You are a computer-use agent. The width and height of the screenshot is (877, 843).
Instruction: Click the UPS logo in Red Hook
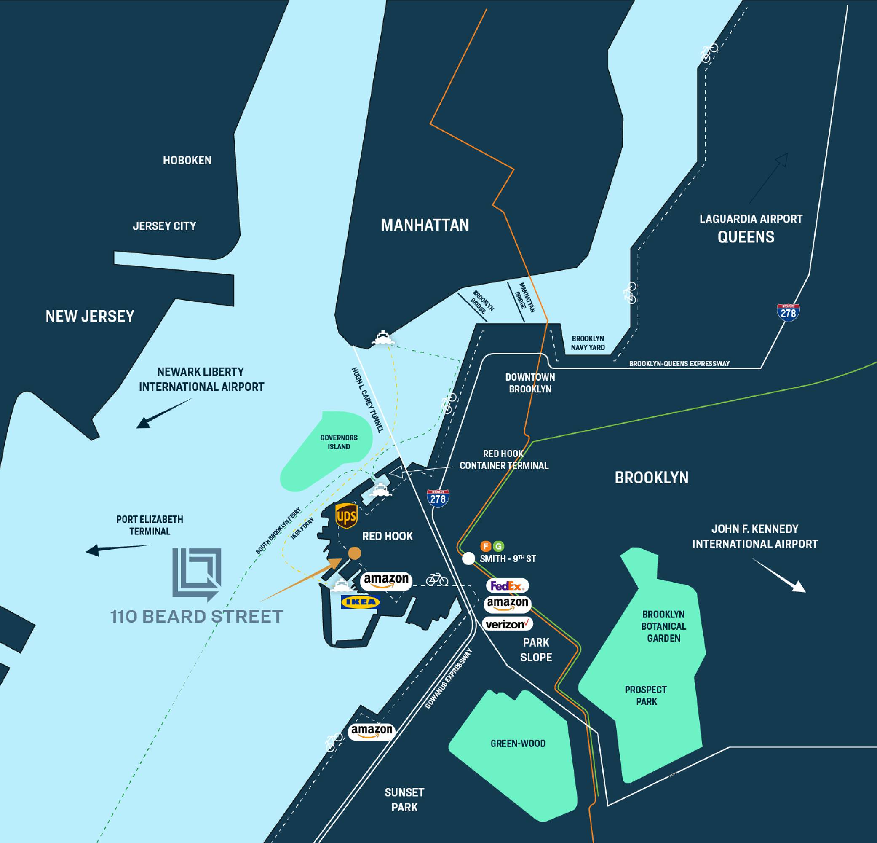(x=346, y=516)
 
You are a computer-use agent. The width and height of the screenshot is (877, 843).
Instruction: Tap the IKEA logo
(x=360, y=602)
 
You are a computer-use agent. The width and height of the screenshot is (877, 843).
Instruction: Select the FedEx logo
(x=507, y=585)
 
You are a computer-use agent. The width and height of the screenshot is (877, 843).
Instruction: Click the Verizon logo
(x=508, y=624)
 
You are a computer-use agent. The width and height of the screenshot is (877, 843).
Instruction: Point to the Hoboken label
(x=187, y=160)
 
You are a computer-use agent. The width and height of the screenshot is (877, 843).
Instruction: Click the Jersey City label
(x=164, y=226)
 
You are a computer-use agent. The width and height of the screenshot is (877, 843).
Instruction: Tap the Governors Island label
(x=339, y=442)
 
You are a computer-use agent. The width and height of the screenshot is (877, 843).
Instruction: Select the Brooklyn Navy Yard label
(x=588, y=343)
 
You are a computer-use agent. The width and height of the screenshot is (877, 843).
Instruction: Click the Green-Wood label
(x=518, y=743)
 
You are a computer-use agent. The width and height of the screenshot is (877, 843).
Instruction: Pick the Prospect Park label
(x=646, y=695)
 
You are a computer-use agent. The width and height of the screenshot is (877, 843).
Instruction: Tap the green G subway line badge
(x=498, y=546)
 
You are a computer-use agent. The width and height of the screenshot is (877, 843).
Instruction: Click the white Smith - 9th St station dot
(x=468, y=558)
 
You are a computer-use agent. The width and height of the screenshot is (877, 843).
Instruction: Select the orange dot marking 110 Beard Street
(x=354, y=553)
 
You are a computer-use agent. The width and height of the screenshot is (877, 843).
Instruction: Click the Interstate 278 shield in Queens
(x=788, y=312)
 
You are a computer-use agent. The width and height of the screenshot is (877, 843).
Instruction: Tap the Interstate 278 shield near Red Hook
(x=438, y=498)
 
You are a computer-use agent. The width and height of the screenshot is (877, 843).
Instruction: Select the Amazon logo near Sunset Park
(x=372, y=732)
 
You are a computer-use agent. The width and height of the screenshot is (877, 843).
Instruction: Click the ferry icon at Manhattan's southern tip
(x=383, y=338)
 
